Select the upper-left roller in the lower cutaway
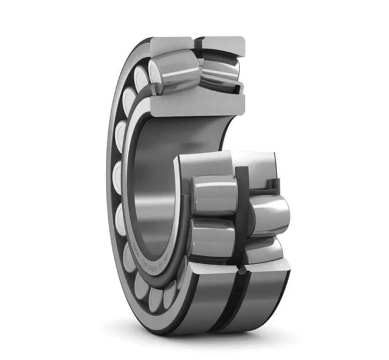coord(213,195)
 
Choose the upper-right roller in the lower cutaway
coord(268,213)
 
